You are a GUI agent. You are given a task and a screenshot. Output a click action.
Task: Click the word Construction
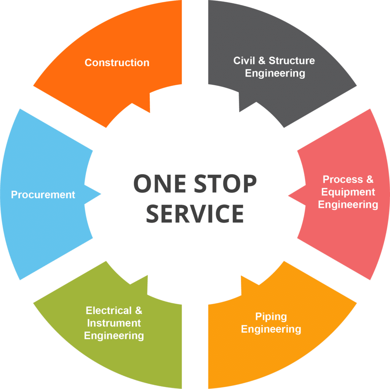pyautogui.click(x=117, y=63)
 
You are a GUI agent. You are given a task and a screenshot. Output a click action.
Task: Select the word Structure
pyautogui.click(x=292, y=61)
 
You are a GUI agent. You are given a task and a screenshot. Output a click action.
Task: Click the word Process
pyautogui.click(x=343, y=179)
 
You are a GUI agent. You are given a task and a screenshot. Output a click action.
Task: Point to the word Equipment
pyautogui.click(x=348, y=192)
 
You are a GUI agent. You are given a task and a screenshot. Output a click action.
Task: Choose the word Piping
pyautogui.click(x=271, y=317)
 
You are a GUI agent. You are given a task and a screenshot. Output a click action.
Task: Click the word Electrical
pyautogui.click(x=109, y=311)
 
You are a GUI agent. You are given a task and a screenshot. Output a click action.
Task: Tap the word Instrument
pyautogui.click(x=114, y=323)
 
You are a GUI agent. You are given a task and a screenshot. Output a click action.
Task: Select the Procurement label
pyautogui.click(x=43, y=194)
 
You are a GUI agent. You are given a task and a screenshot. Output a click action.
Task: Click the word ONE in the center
pyautogui.click(x=160, y=183)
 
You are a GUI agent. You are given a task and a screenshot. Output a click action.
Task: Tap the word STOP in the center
pyautogui.click(x=225, y=183)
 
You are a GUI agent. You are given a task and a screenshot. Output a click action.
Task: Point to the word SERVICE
pyautogui.click(x=195, y=214)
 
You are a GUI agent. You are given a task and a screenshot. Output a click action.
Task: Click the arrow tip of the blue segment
pyautogui.click(x=101, y=194)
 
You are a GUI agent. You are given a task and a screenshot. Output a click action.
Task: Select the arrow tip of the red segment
pyautogui.click(x=289, y=196)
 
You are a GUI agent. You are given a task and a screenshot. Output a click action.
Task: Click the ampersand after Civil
pyautogui.click(x=262, y=61)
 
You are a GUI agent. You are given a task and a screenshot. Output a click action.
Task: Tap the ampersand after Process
pyautogui.click(x=370, y=179)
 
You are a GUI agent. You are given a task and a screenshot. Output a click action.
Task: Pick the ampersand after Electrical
pyautogui.click(x=139, y=311)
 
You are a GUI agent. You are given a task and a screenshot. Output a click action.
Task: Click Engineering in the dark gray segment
pyautogui.click(x=275, y=73)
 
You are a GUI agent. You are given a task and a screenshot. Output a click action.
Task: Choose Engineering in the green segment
pyautogui.click(x=114, y=336)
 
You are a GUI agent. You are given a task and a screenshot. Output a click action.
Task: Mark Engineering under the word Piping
pyautogui.click(x=271, y=330)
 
